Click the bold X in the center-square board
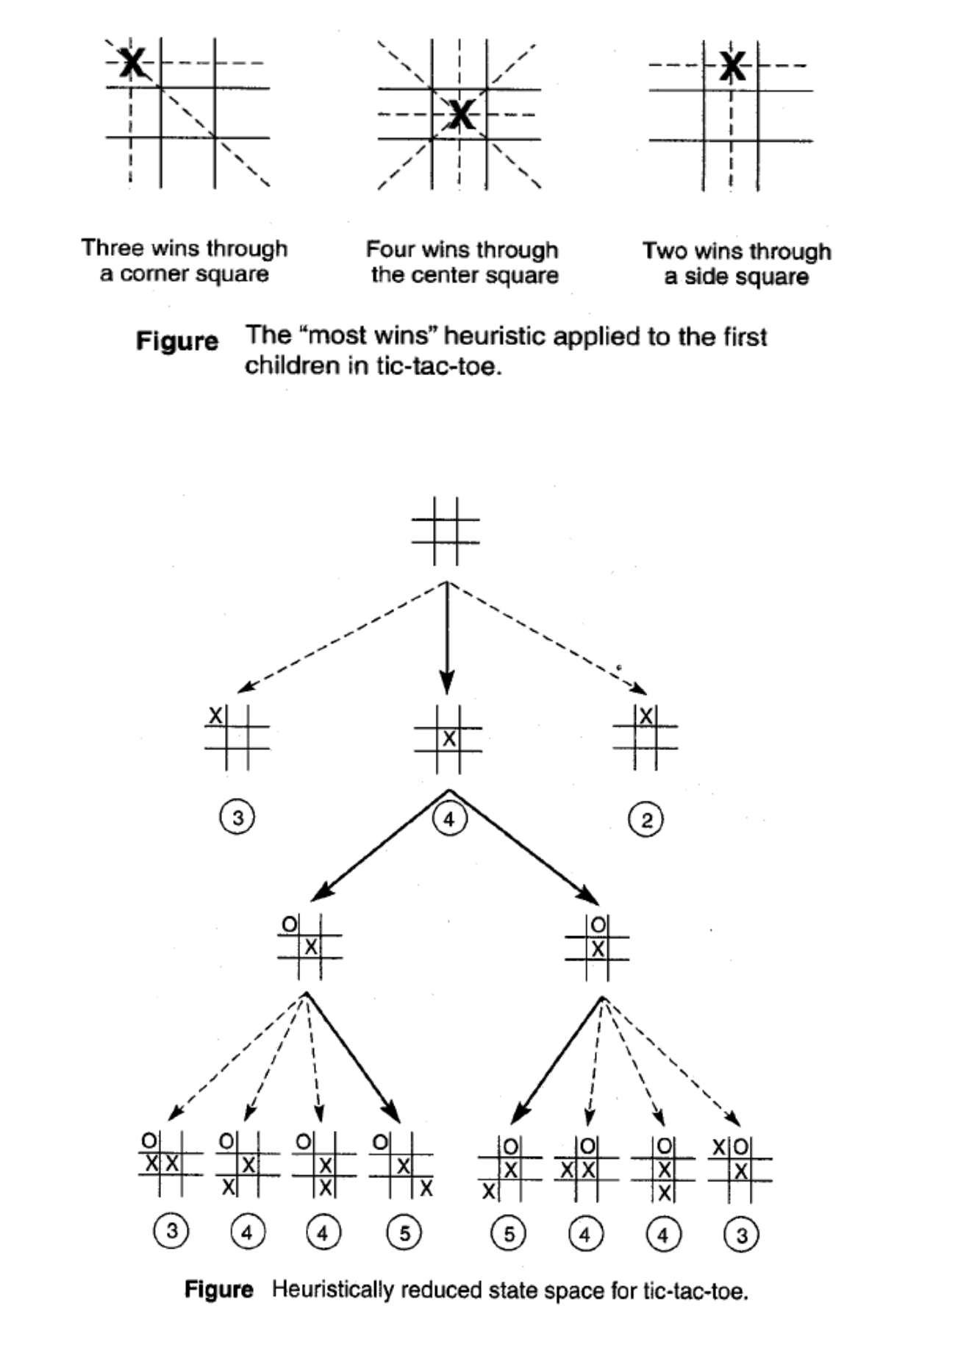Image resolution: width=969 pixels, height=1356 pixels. tap(460, 114)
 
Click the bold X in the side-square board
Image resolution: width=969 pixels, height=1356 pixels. tap(732, 66)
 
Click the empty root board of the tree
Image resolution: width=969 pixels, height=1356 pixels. tap(446, 531)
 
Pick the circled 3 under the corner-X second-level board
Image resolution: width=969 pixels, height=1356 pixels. tap(237, 818)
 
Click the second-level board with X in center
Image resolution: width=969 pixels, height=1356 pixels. tap(448, 739)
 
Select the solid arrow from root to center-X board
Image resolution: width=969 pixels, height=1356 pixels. tap(447, 636)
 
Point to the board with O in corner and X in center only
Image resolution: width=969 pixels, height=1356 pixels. tap(310, 946)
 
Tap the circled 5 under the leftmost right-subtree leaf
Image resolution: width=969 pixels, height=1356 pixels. tap(509, 1234)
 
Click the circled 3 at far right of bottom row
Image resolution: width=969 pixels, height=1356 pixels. tap(741, 1235)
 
